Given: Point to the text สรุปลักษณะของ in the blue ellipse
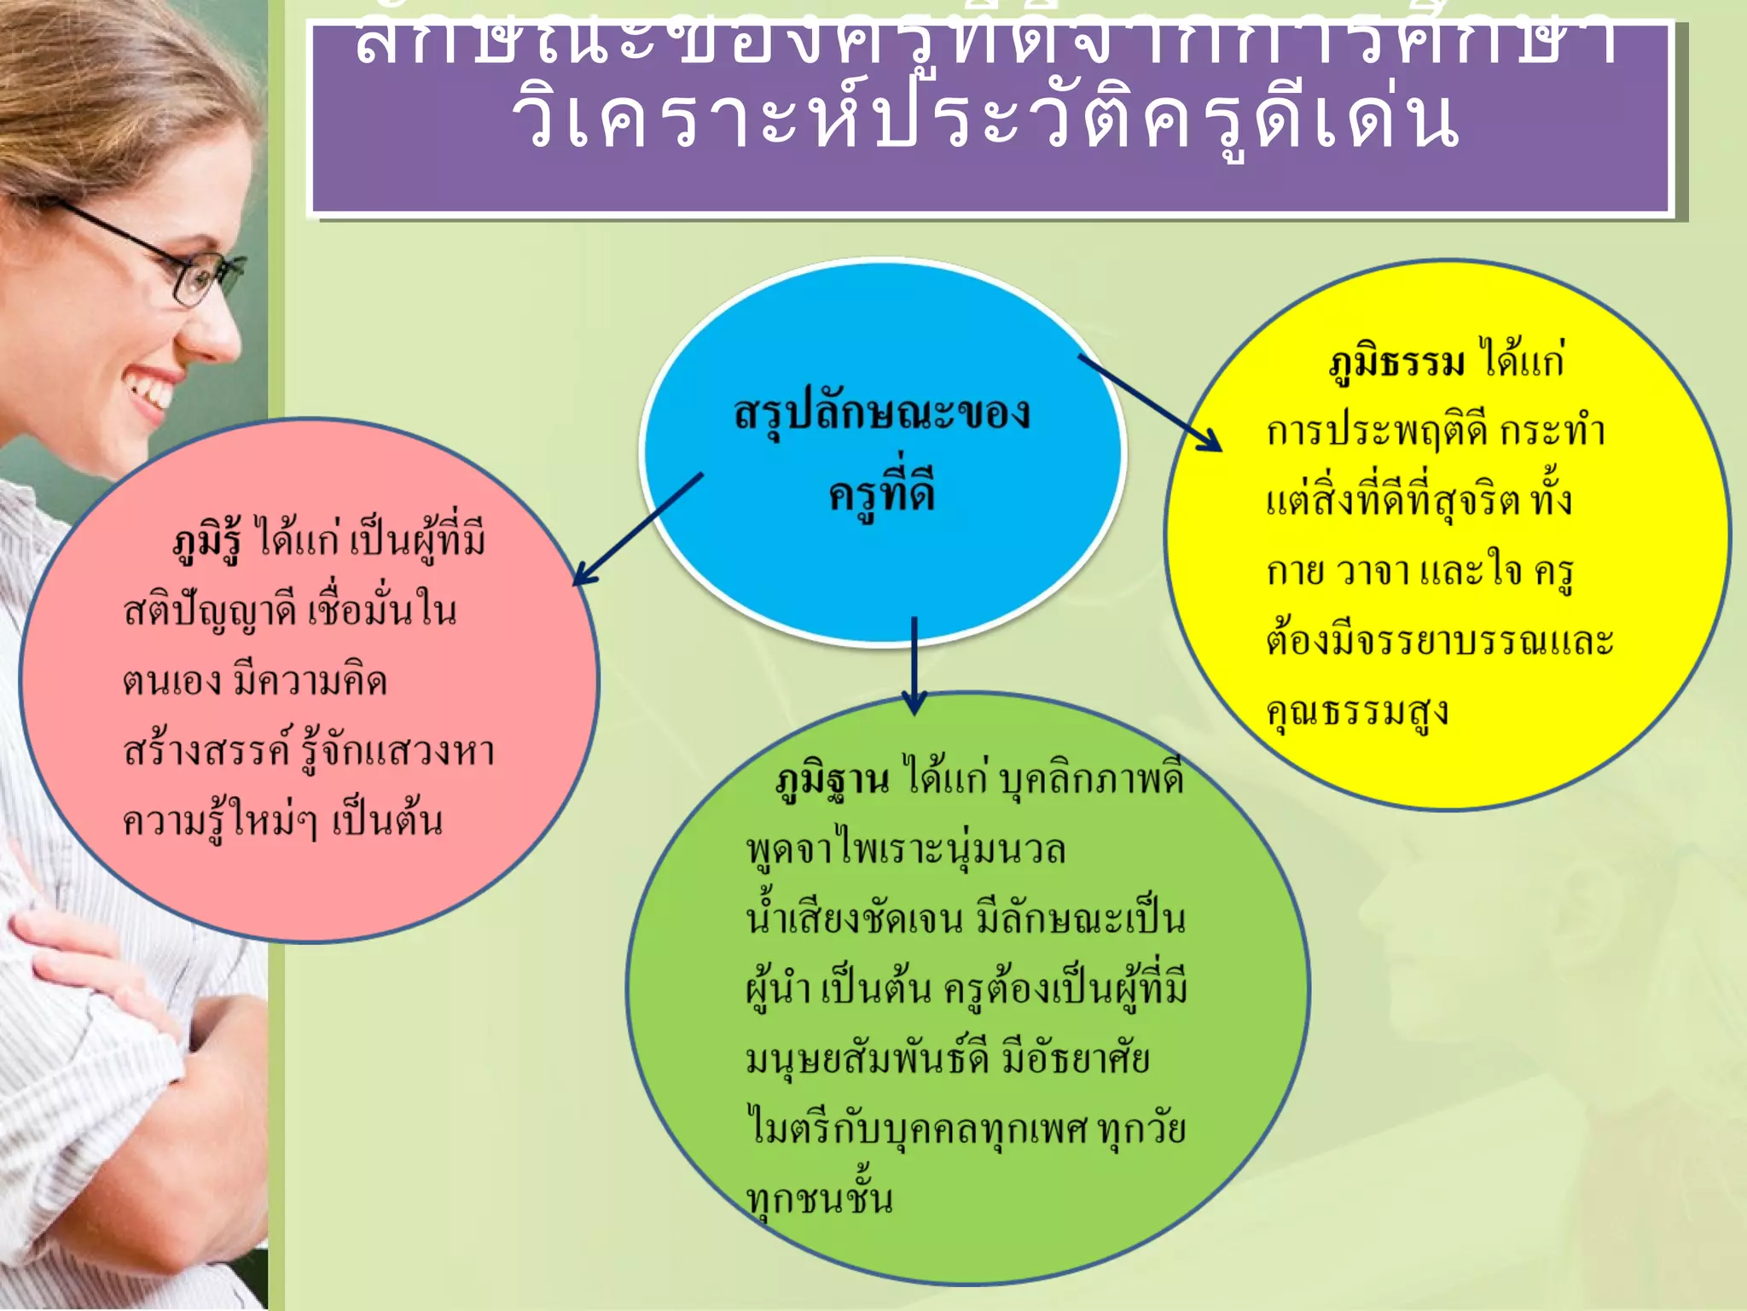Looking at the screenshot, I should pos(882,414).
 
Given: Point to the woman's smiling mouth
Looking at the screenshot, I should pos(149,392).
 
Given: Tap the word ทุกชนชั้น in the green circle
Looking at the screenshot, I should pos(819,1198).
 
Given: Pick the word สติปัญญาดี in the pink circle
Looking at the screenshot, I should pos(210,611).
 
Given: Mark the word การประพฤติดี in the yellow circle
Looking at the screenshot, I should pos(1377,432).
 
